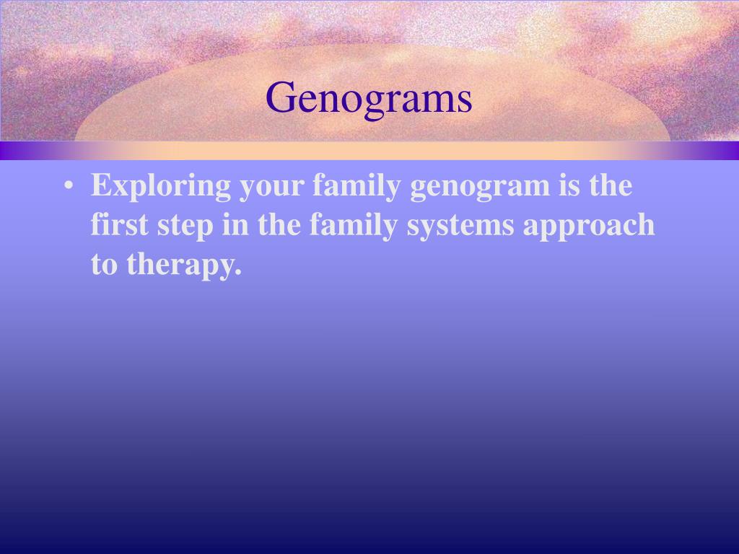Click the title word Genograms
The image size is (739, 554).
(x=369, y=99)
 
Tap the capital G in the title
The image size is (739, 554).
(x=279, y=97)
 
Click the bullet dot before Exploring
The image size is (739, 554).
(x=68, y=187)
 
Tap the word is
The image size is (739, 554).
(x=571, y=185)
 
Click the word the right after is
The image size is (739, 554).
(x=611, y=185)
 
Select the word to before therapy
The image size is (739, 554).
(x=105, y=265)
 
